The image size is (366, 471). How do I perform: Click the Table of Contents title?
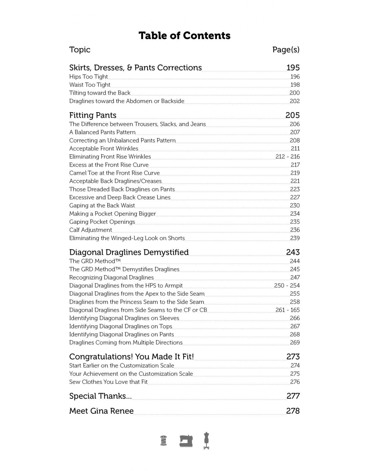coord(184,36)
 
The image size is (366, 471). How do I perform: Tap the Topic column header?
coord(80,50)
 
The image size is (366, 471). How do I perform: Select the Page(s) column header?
coord(286,50)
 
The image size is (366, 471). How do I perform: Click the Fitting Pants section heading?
coord(93,115)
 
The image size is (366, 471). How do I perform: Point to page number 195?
coord(293,68)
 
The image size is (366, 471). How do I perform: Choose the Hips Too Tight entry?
coord(88,77)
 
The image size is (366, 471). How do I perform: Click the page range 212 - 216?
coord(287,157)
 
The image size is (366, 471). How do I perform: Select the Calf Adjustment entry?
coord(90,230)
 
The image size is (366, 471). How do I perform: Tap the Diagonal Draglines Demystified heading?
coord(129,252)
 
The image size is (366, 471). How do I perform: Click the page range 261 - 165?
coord(287,310)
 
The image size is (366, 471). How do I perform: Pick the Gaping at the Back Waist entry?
coord(102,205)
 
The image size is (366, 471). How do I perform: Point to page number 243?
coord(293,252)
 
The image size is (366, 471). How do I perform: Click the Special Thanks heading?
coord(100,396)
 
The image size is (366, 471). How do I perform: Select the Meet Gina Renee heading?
coord(101,411)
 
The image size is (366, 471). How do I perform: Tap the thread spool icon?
coord(164,441)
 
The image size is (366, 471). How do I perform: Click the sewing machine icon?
coord(186,441)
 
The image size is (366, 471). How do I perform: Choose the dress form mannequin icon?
coord(206,441)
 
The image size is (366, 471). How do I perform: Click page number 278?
coord(293,411)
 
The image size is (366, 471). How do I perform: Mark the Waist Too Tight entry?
coord(89,85)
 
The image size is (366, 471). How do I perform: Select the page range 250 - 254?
coord(287,286)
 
